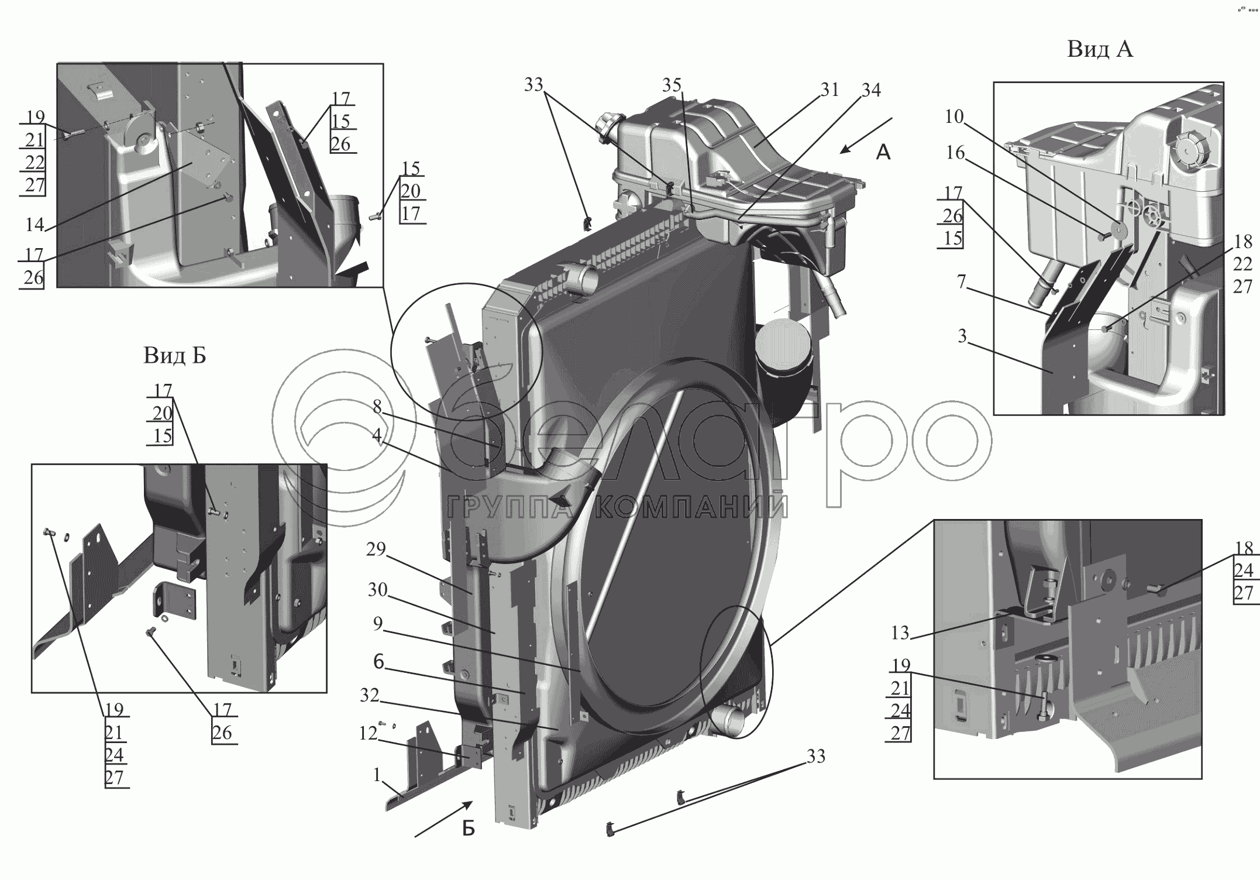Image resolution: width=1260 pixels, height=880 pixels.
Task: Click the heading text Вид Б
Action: coord(174,355)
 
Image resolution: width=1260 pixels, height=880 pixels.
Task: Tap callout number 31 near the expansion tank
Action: coord(829,90)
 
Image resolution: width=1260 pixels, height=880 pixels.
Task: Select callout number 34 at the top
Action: coord(871,90)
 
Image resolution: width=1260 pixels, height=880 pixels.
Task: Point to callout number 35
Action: coord(672,85)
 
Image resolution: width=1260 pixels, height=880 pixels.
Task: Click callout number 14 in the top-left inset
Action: coord(35,224)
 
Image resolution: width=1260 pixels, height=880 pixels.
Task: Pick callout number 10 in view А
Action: coord(954,116)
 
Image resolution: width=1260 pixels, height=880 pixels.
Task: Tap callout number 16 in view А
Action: coord(955,153)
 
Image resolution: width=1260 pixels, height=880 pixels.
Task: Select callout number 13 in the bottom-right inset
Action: coord(900,632)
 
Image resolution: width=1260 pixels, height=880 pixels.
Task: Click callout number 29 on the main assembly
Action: coord(376,549)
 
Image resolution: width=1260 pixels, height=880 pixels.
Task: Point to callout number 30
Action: coord(377,590)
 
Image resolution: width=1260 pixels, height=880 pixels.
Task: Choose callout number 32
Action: coord(369,695)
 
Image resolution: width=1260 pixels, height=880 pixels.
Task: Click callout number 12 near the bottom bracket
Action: coord(368,733)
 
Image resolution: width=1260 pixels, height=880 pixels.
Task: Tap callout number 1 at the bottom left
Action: coord(377,775)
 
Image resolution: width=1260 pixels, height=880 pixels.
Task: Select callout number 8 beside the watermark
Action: coord(377,407)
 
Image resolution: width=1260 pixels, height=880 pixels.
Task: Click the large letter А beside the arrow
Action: coord(883,153)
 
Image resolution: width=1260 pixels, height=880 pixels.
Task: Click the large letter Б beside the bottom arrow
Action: coord(469,829)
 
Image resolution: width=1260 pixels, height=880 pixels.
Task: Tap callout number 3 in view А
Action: coord(962,336)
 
